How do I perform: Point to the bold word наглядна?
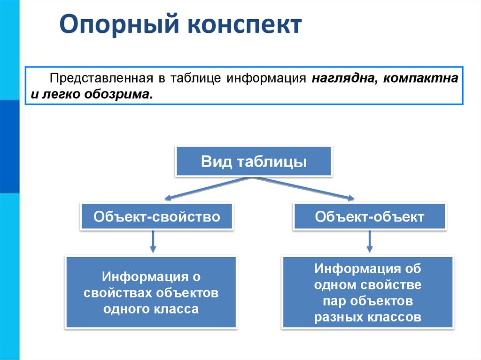click(x=342, y=78)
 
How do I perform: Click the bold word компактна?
click(x=420, y=78)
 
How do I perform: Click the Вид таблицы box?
click(x=254, y=162)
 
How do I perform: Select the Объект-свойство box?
click(x=157, y=216)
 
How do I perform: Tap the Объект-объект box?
click(x=369, y=216)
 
